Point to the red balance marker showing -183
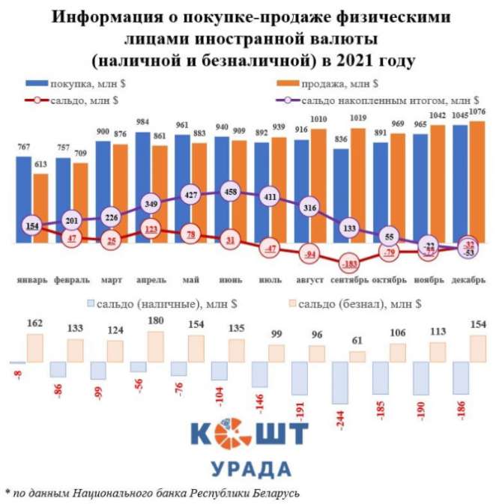[348, 264]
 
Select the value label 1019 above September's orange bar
[357, 118]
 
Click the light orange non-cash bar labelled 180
[156, 347]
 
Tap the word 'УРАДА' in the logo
[250, 470]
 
